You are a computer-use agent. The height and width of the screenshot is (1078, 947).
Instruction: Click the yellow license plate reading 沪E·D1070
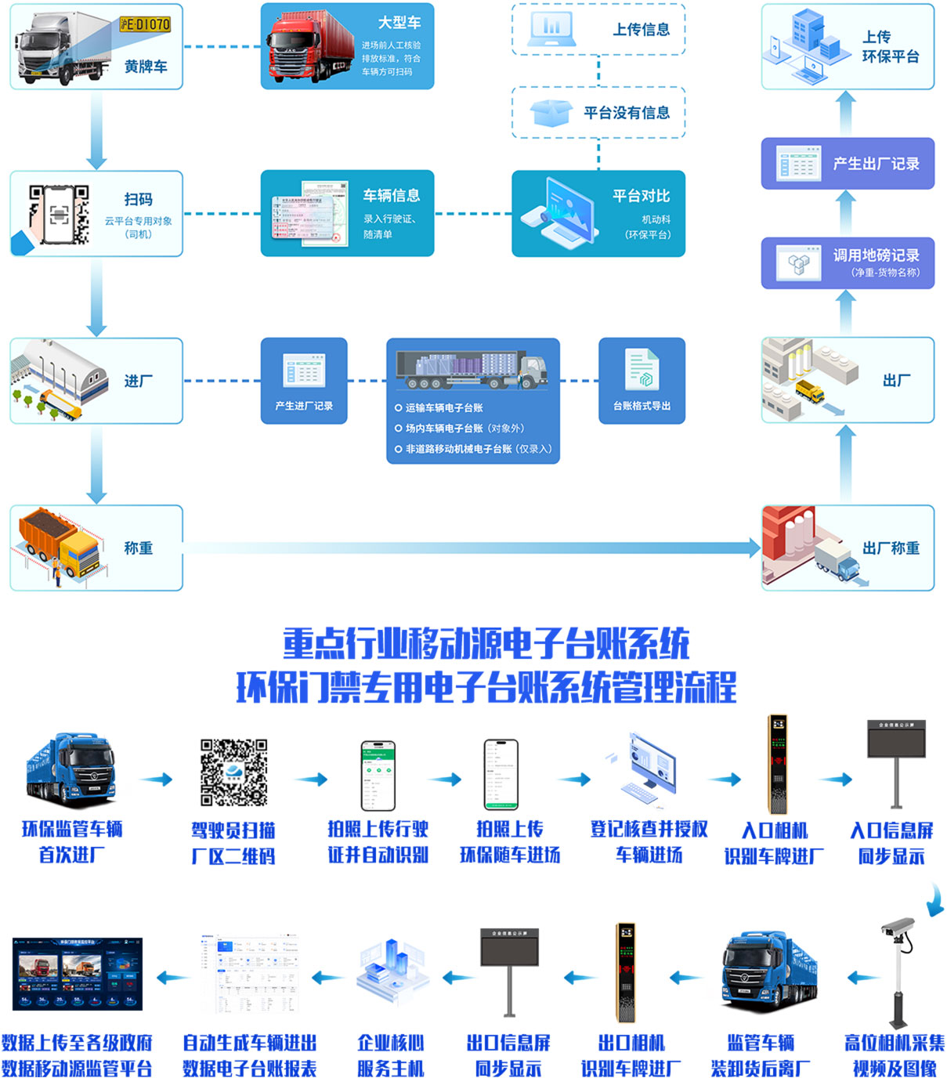click(x=145, y=25)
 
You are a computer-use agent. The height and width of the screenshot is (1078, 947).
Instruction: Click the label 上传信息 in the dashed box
click(x=641, y=30)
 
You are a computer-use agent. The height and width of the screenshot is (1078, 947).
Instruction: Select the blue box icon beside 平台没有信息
click(x=551, y=113)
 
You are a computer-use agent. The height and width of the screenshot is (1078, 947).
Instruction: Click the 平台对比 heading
click(x=641, y=196)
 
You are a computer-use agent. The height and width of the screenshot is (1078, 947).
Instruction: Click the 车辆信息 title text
click(x=391, y=195)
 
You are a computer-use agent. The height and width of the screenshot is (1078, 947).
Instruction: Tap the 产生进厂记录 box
click(x=304, y=381)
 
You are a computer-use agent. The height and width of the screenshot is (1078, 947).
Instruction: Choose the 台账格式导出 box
click(x=642, y=381)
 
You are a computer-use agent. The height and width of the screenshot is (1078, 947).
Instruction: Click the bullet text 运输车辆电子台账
click(x=444, y=407)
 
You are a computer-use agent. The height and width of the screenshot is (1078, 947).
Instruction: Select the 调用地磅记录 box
click(x=848, y=262)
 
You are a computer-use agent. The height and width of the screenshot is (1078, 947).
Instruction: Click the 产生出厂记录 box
click(x=848, y=164)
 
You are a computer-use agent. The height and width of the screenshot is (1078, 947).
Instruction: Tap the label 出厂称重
click(x=891, y=548)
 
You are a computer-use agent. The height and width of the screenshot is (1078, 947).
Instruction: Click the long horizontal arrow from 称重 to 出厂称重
click(x=470, y=548)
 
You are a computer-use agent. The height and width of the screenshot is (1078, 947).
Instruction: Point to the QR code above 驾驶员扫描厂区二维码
click(x=234, y=772)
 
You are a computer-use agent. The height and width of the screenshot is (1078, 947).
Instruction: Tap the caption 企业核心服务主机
click(x=391, y=1055)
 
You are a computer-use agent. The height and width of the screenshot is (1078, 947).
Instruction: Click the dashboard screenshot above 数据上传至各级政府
click(x=78, y=974)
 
